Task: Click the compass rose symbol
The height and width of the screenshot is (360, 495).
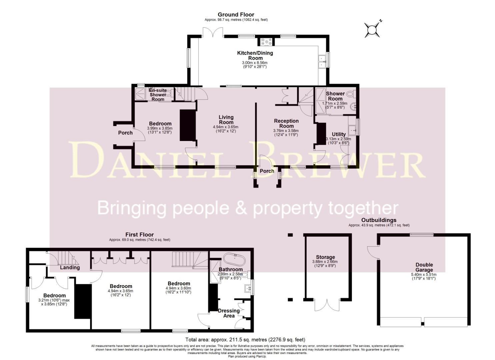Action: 371,29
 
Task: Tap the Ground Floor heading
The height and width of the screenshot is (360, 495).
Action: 236,15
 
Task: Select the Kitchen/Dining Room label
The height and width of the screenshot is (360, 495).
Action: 255,55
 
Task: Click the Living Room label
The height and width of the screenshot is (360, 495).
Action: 226,120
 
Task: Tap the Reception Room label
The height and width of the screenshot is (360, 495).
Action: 286,123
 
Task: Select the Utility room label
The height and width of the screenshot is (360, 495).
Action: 338,134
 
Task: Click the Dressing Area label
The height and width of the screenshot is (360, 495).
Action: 229,313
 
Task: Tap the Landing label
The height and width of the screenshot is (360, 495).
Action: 70,267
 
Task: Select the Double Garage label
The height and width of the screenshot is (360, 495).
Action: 424,267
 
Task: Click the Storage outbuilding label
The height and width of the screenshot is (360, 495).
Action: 325,257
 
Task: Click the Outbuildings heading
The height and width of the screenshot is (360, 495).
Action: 379,220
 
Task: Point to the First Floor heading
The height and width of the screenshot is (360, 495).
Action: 139,235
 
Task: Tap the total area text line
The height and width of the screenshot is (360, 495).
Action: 245,340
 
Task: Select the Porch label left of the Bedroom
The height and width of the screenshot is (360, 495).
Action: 125,133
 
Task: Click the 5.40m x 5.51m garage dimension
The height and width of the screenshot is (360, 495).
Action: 424,275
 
